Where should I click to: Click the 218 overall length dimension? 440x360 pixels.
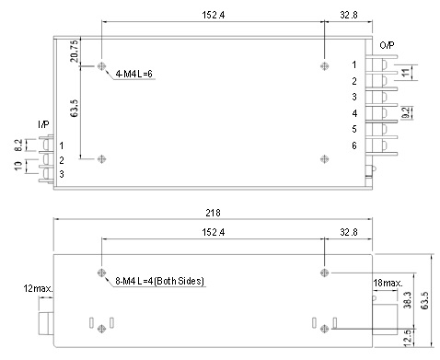(213, 213)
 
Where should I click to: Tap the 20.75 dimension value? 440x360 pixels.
(75, 52)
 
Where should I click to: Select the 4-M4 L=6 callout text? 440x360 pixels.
(133, 74)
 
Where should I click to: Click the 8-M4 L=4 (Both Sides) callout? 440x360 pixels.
(159, 281)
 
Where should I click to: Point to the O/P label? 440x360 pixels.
(387, 45)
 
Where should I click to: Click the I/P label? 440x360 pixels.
(43, 124)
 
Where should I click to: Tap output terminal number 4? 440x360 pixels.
(354, 113)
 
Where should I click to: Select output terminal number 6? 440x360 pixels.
(354, 145)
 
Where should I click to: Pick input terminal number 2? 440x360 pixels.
(62, 160)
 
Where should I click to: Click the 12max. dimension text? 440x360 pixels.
(38, 289)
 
